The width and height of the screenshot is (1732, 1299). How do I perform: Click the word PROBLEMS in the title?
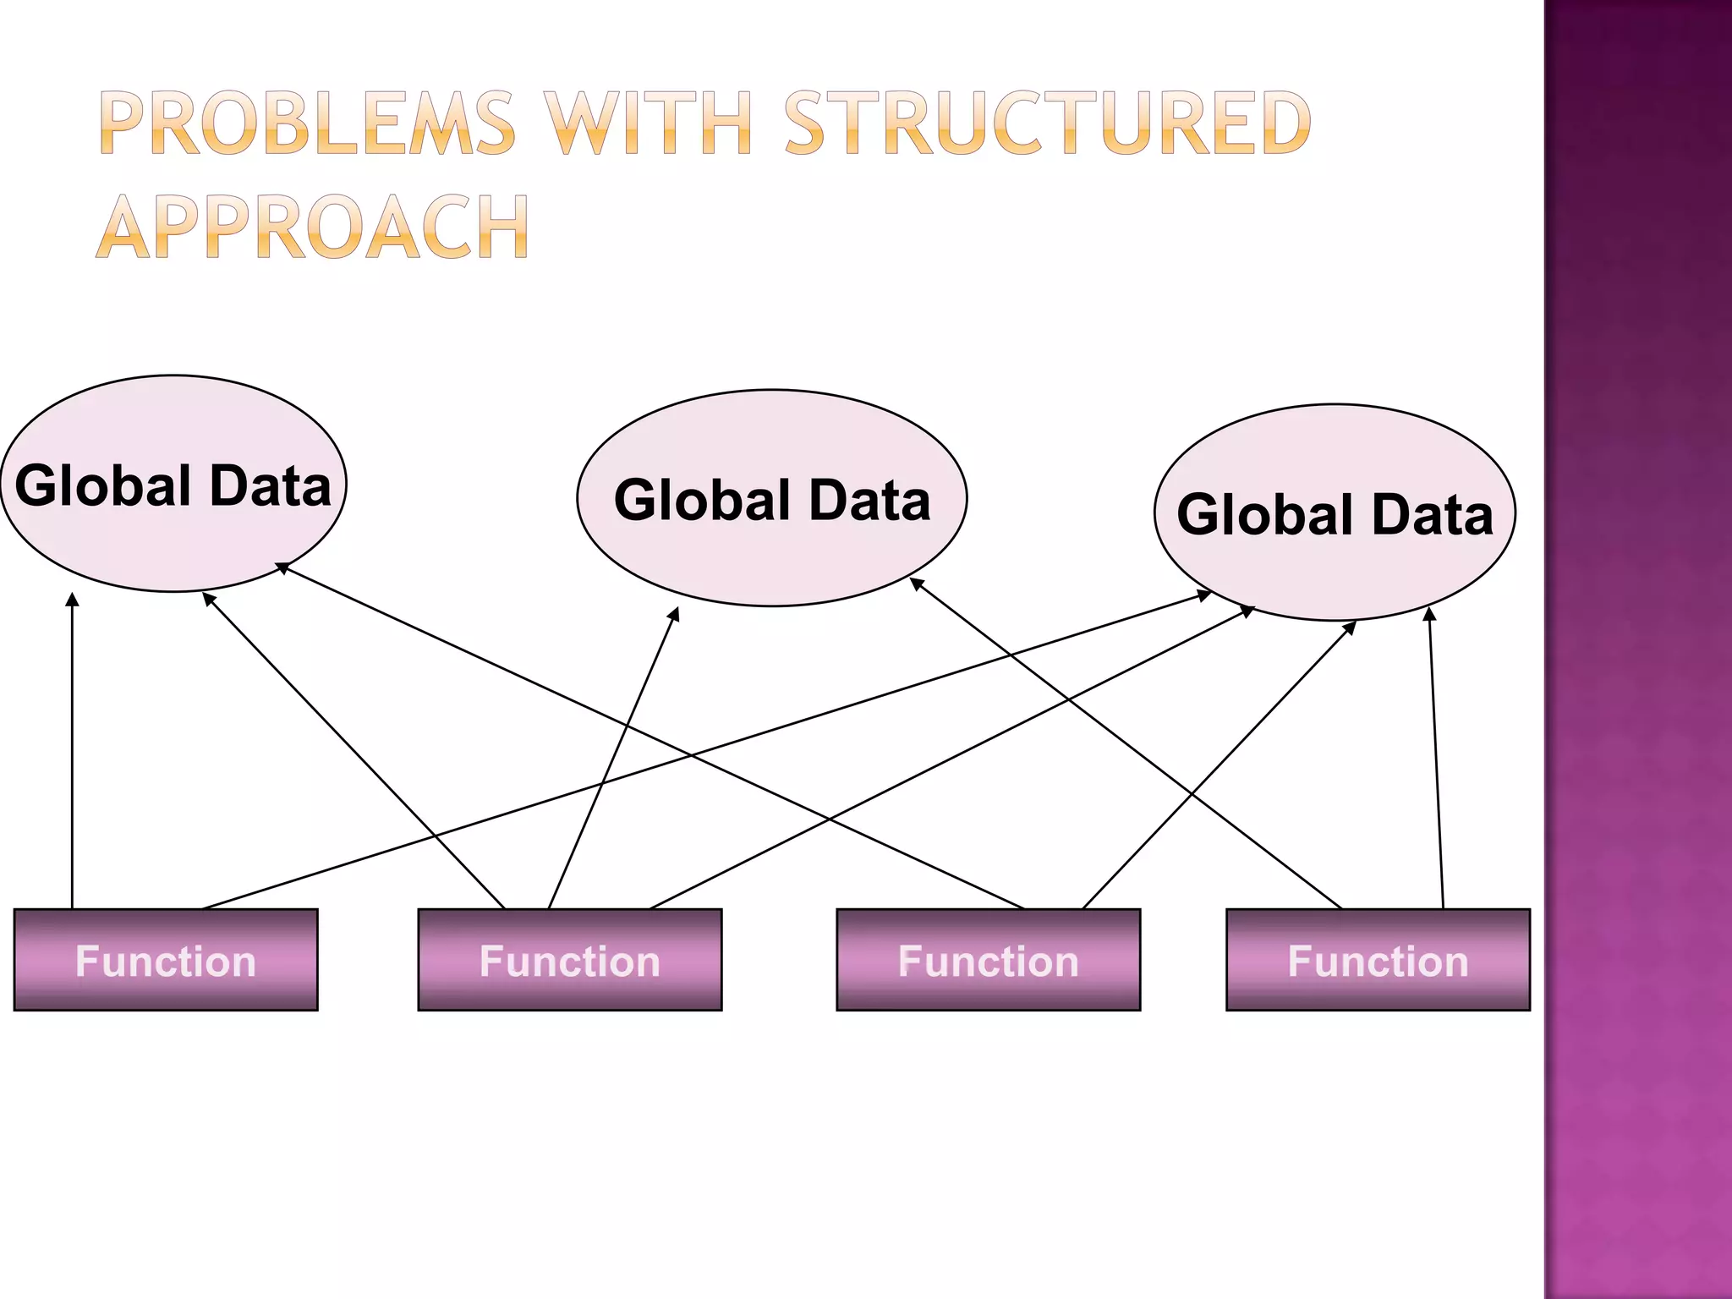pyautogui.click(x=307, y=125)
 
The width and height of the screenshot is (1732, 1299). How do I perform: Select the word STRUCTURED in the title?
pyautogui.click(x=1048, y=125)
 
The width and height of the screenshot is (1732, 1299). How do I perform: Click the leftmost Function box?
pyautogui.click(x=166, y=960)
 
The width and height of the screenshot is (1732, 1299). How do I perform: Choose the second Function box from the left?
pyautogui.click(x=570, y=960)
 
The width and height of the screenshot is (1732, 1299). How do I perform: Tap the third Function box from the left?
pyautogui.click(x=988, y=960)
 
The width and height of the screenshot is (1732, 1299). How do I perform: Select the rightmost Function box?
pyautogui.click(x=1378, y=960)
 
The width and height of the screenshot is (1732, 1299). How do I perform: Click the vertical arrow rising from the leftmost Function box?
pyautogui.click(x=73, y=753)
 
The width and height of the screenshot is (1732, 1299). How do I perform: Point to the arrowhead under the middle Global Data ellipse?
pyautogui.click(x=674, y=614)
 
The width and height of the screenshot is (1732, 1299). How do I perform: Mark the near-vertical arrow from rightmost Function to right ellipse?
pyautogui.click(x=1436, y=761)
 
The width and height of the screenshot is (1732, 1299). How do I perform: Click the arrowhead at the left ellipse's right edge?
pyautogui.click(x=282, y=568)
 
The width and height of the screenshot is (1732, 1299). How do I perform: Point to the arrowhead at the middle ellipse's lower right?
pyautogui.click(x=916, y=583)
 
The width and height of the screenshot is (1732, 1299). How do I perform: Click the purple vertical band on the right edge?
pyautogui.click(x=1638, y=649)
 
